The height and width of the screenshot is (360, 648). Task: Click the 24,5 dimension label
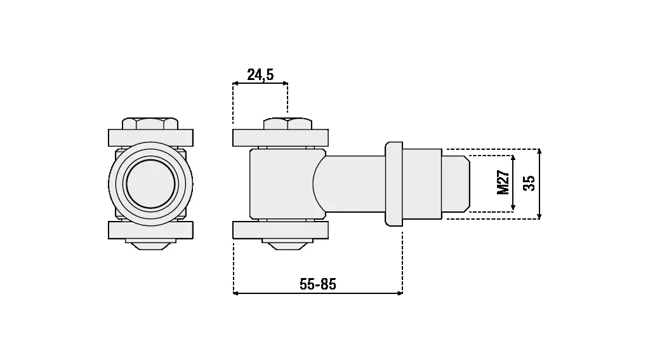pos(260,74)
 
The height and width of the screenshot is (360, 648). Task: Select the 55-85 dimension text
pos(318,284)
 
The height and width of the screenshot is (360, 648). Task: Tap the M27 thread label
pos(503,182)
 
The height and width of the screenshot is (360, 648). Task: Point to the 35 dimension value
pos(529,183)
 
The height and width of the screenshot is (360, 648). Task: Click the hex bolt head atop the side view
pos(288,124)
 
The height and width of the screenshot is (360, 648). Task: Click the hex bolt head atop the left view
pos(150,124)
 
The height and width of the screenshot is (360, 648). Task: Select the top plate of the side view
pos(281,138)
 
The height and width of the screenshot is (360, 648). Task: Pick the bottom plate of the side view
pos(281,230)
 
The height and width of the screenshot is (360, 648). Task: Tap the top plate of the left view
pos(150,138)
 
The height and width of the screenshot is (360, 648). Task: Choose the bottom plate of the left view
pos(150,230)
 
